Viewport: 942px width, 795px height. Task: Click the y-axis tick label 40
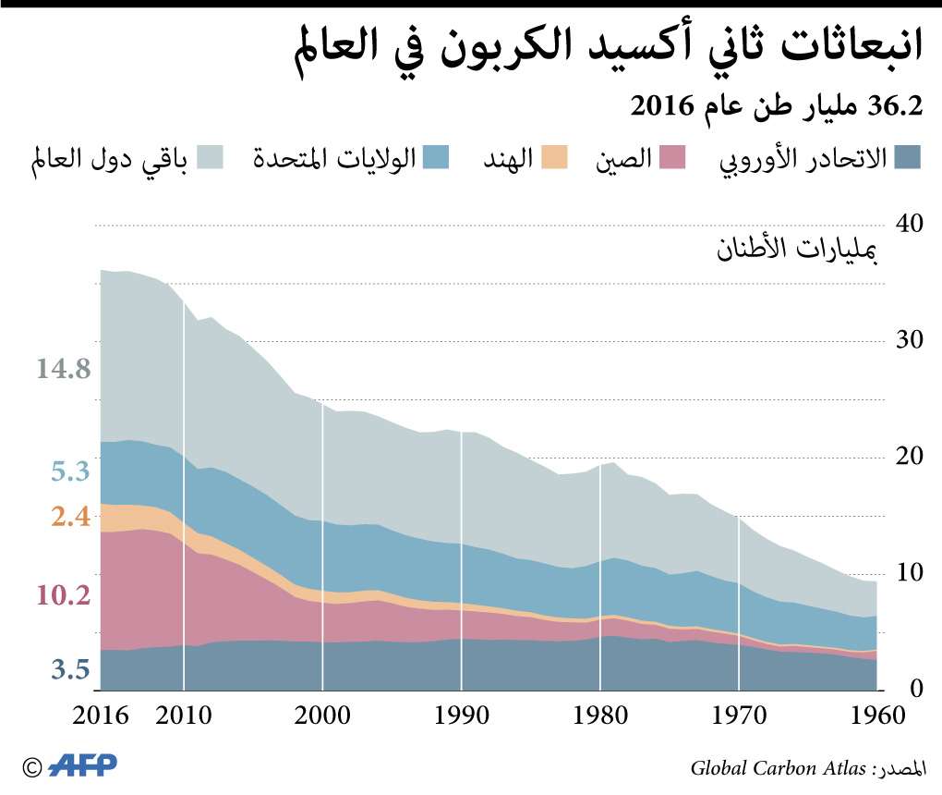[x=910, y=225]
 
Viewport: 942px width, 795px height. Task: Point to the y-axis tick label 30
[x=910, y=340]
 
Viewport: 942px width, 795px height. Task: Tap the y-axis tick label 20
[x=910, y=457]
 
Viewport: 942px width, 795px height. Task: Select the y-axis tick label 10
[x=910, y=572]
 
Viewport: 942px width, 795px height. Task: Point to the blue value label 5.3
[x=70, y=472]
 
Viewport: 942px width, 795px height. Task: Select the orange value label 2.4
[x=70, y=516]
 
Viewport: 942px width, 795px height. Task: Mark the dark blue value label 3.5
[x=70, y=669]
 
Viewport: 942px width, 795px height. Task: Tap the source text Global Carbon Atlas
[x=778, y=767]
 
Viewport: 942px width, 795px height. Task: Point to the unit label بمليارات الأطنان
[x=796, y=249]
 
